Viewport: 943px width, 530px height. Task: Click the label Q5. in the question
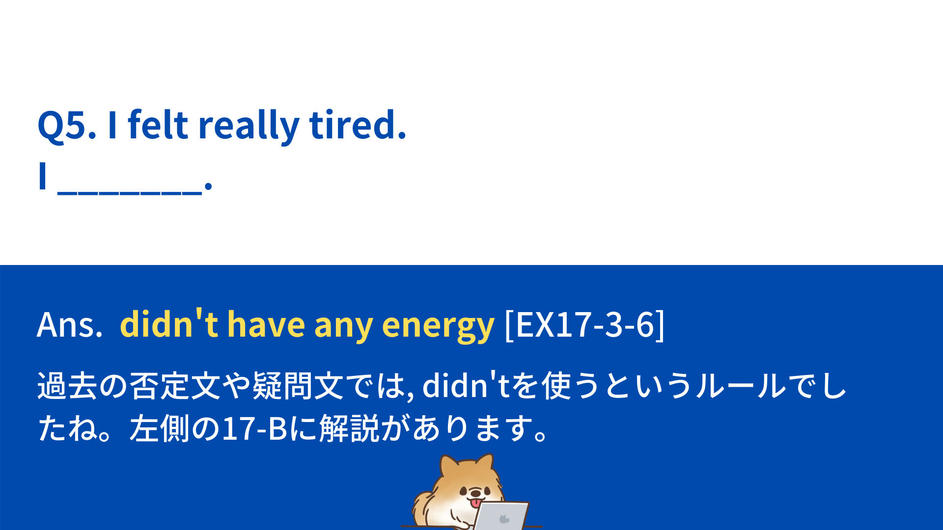[67, 126]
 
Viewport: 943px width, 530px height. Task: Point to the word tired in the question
[358, 124]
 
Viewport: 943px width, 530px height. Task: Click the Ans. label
[70, 325]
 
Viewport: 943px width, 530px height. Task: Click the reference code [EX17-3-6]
[584, 324]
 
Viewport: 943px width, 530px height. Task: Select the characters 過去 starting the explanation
[67, 386]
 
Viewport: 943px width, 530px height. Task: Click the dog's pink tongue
[475, 503]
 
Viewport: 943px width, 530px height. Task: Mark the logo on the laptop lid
[504, 519]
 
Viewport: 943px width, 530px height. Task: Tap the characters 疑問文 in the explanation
[298, 386]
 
